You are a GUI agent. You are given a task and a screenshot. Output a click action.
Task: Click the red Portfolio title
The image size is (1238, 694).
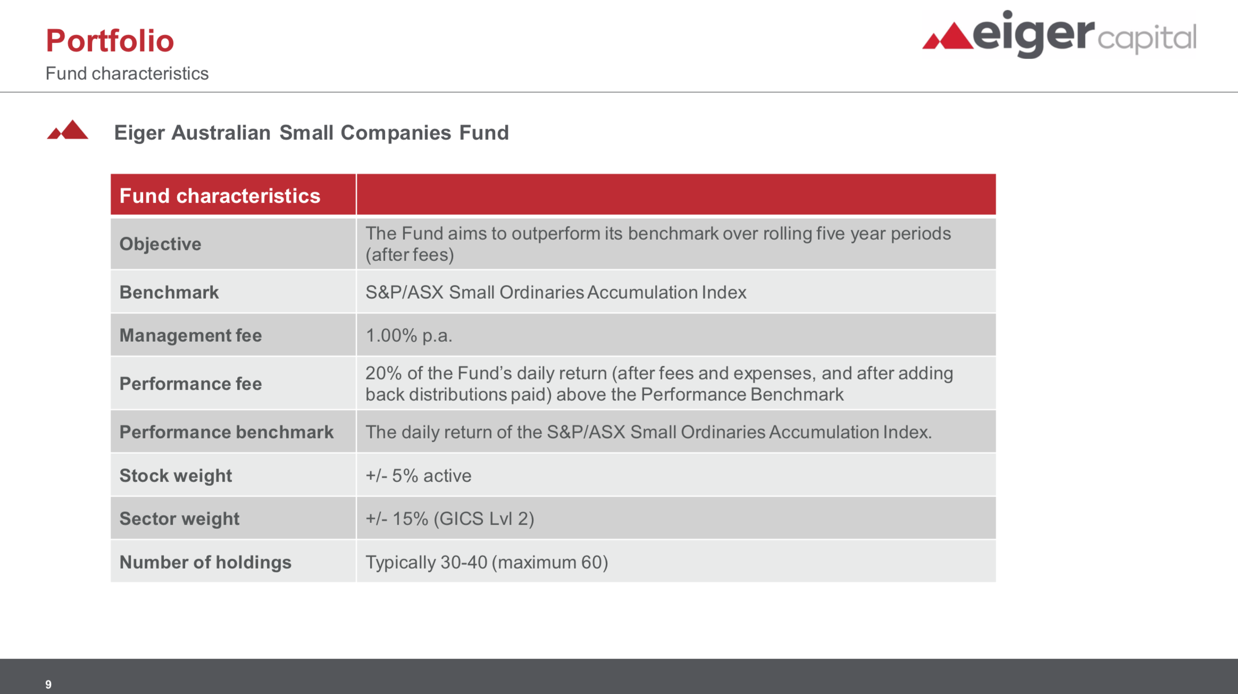[x=110, y=41]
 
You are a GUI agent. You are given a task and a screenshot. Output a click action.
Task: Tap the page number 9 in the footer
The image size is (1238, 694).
[x=48, y=684]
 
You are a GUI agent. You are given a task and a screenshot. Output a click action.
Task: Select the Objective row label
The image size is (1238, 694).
[x=160, y=244]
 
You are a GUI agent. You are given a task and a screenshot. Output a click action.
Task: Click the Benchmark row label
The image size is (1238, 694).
[x=169, y=292]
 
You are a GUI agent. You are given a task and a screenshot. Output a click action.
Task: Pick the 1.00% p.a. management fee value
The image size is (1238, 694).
[x=408, y=335]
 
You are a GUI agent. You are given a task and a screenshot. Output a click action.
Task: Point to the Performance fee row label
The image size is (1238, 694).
[x=190, y=384]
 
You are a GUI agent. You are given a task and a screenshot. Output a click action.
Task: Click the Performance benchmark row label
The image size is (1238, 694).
[x=226, y=432]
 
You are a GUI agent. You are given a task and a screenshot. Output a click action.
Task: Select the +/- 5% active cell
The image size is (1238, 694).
[x=418, y=476]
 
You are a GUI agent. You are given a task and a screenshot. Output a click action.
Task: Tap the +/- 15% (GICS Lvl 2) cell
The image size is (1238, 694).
[x=449, y=519]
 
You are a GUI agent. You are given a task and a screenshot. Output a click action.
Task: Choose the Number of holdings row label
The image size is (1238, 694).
[x=205, y=562]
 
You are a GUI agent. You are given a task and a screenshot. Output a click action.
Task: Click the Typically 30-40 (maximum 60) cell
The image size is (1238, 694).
[x=486, y=562]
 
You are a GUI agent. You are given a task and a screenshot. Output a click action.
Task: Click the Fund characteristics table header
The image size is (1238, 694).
[x=220, y=196]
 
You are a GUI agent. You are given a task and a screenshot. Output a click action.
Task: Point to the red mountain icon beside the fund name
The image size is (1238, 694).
[x=68, y=130]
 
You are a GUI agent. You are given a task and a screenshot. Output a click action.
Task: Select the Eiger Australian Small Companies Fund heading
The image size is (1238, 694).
[x=311, y=133]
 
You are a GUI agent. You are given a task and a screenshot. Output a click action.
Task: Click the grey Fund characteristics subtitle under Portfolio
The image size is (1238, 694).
[x=127, y=73]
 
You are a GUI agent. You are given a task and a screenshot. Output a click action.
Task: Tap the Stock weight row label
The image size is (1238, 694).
[x=175, y=476]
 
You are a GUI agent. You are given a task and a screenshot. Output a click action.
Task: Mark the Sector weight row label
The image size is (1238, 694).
[x=179, y=519]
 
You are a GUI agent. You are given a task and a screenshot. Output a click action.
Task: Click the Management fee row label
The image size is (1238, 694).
[x=190, y=335]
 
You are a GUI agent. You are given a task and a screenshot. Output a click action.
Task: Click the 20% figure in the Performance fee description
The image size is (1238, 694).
[x=383, y=373]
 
